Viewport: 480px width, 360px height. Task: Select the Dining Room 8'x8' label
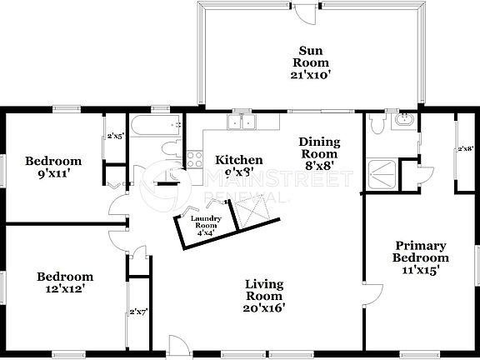coord(317,153)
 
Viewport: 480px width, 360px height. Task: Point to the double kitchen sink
coord(244,122)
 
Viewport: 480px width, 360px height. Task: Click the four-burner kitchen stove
coord(195,158)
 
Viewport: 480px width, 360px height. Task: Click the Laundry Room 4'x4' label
coord(205,226)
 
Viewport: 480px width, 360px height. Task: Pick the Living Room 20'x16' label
coord(265,296)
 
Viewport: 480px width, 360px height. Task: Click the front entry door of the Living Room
coord(177,345)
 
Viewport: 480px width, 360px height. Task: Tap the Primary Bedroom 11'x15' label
coord(421,257)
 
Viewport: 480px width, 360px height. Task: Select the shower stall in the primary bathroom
coord(382,172)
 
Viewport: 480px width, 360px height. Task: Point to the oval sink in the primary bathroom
coord(404,122)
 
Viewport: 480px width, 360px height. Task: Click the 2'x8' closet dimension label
coord(465,150)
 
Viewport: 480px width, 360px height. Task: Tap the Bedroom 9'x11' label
coord(52,167)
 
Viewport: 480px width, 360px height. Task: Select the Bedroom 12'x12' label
coord(64,282)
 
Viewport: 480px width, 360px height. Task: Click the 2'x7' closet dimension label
coord(137,312)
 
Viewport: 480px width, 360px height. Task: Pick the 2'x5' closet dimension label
coord(114,137)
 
